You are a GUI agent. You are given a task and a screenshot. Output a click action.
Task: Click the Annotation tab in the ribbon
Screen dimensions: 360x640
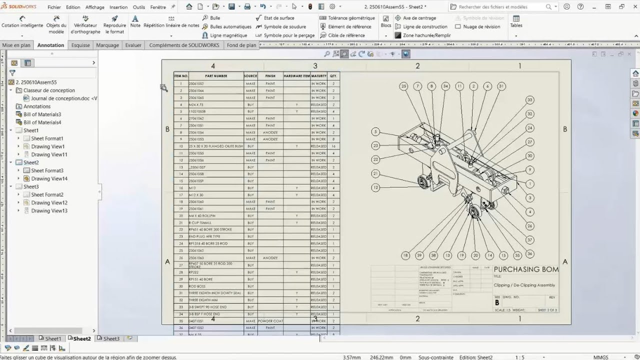[50, 45]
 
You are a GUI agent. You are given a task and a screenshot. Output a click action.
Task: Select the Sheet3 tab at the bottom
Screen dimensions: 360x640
[111, 338]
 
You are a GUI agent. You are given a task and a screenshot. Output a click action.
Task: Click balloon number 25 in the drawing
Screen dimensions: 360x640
[403, 86]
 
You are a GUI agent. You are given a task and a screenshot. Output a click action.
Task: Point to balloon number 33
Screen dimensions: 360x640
[529, 100]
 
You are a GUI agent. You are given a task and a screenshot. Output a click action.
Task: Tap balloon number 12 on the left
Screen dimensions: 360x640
[375, 187]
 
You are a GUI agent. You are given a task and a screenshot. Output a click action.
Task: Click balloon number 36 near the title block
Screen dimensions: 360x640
[529, 254]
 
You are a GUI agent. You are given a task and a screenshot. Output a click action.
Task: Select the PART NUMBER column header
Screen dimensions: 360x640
[216, 76]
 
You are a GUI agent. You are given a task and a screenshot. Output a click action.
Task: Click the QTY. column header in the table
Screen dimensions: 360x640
[333, 76]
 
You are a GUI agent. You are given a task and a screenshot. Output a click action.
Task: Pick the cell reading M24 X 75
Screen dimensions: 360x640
[196, 104]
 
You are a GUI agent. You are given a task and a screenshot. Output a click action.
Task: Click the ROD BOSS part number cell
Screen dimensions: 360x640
[197, 286]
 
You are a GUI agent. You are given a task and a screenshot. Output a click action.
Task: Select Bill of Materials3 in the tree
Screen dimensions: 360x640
[42, 114]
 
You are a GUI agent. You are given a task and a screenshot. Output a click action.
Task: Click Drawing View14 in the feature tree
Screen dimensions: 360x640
[49, 178]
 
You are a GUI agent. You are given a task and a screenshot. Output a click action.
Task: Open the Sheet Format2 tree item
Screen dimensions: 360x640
[47, 194]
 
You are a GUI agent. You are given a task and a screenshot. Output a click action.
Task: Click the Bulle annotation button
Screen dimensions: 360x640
[214, 18]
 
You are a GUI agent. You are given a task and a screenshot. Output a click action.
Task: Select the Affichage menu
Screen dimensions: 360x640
[95, 7]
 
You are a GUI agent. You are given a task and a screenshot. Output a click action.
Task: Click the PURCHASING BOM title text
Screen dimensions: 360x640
[526, 269]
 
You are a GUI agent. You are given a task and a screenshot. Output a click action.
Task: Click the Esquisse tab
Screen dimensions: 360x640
[80, 45]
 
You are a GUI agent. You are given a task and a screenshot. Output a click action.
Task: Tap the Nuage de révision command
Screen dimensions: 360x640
[481, 26]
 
